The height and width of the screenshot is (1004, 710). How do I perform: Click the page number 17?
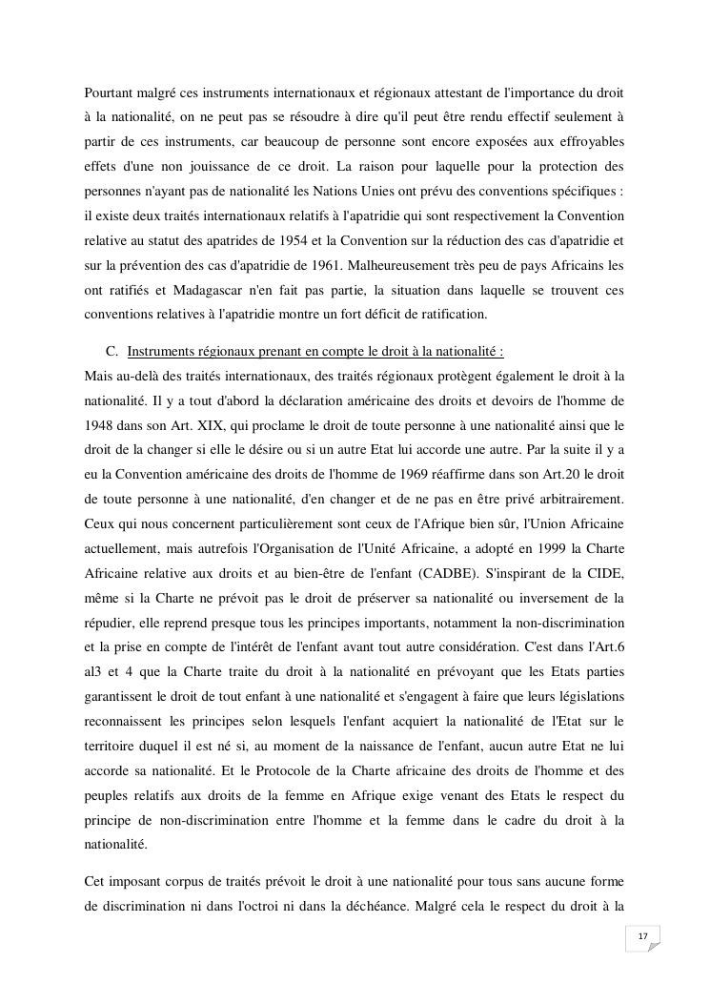pos(642,937)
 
